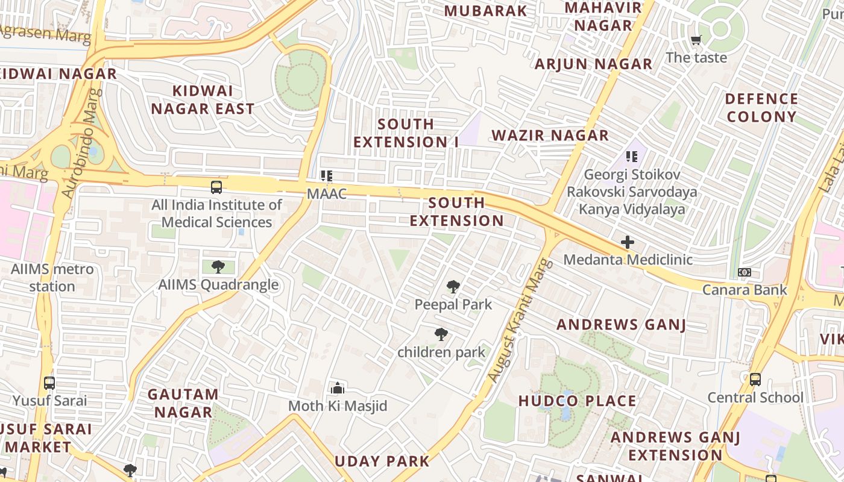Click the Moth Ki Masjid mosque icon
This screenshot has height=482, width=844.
338,388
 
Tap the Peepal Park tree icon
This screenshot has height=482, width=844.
453,287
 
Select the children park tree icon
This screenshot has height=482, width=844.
441,334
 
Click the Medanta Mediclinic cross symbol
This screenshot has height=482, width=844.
628,242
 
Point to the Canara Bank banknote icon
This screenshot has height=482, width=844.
745,272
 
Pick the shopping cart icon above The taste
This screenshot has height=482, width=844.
696,40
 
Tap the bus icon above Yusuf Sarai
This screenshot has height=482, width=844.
49,383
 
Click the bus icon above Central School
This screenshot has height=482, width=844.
755,380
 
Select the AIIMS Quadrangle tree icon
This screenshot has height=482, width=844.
218,266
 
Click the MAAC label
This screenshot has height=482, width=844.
327,194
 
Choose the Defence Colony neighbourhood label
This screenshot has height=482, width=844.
761,107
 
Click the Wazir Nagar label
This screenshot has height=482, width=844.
550,135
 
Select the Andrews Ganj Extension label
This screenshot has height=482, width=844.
676,446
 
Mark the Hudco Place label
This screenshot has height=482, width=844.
577,401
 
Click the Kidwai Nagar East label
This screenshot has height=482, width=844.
203,100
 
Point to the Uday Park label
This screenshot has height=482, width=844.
382,462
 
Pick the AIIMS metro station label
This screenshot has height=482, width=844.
52,277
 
